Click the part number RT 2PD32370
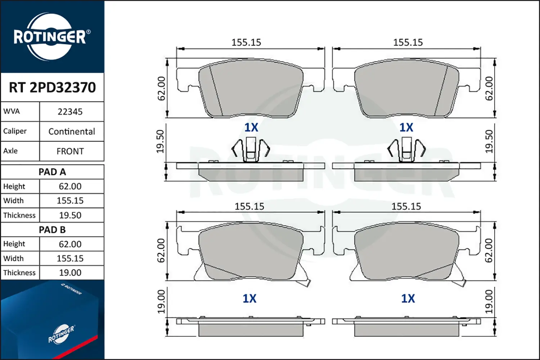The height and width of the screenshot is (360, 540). coord(52,87)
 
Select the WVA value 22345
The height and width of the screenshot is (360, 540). coord(70,112)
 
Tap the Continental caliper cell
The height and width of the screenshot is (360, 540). coord(72,131)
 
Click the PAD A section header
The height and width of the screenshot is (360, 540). coord(52,172)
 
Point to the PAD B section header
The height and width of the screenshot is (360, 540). coord(52,230)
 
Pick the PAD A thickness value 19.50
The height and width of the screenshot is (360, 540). coord(70,215)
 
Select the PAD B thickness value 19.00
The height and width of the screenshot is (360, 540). coord(70,273)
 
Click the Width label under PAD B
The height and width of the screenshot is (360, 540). coord(14,258)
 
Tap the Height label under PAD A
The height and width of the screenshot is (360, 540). coord(14,186)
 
